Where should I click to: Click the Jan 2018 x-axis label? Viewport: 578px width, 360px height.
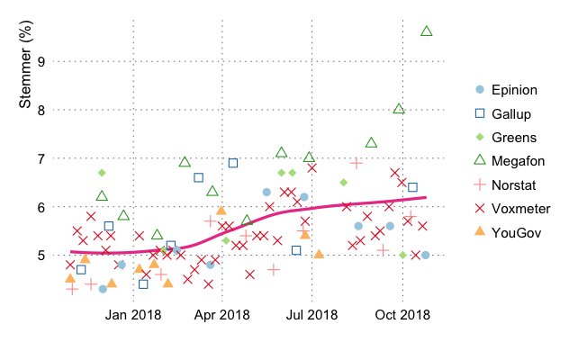pyautogui.click(x=133, y=315)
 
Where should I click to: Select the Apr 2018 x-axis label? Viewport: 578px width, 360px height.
pyautogui.click(x=222, y=315)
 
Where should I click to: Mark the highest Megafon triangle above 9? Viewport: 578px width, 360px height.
pyautogui.click(x=427, y=31)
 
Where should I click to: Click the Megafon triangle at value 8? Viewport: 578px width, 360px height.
pyautogui.click(x=399, y=109)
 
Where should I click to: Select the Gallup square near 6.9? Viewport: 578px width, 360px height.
pyautogui.click(x=233, y=163)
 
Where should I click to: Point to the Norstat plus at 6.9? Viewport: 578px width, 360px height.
pyautogui.click(x=357, y=163)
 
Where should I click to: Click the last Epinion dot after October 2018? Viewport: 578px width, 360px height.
pyautogui.click(x=425, y=255)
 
